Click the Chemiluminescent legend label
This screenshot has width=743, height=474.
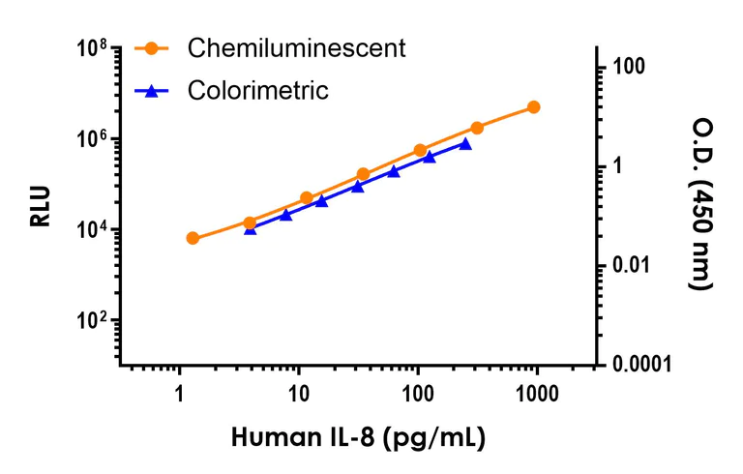click(296, 47)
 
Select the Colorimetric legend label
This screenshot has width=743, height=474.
click(258, 91)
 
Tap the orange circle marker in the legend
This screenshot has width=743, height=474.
click(151, 48)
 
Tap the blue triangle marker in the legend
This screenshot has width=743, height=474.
click(151, 91)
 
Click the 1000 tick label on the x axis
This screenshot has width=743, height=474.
click(536, 393)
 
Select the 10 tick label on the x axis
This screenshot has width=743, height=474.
click(299, 393)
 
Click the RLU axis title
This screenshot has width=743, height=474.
click(40, 206)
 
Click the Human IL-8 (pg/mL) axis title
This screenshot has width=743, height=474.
click(358, 437)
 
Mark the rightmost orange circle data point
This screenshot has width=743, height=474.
click(534, 107)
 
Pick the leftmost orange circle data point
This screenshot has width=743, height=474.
click(193, 238)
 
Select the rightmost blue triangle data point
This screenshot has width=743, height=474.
click(465, 143)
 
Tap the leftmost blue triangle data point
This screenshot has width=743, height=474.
click(251, 229)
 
